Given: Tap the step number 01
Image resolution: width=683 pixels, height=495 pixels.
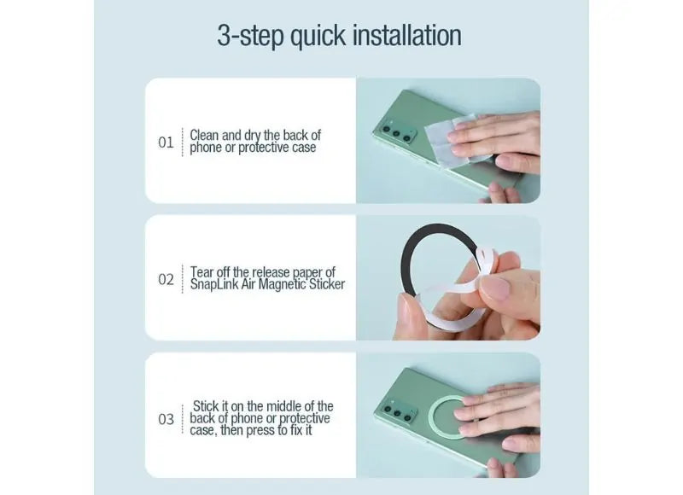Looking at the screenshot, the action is pyautogui.click(x=166, y=143).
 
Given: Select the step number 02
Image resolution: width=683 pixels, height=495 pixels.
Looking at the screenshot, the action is pyautogui.click(x=166, y=279).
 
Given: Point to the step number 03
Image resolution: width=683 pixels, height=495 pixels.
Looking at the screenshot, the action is pyautogui.click(x=166, y=419).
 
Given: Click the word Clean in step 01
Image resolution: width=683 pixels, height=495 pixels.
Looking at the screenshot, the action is pyautogui.click(x=205, y=135).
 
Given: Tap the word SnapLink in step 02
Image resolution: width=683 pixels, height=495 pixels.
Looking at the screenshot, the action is pyautogui.click(x=214, y=284).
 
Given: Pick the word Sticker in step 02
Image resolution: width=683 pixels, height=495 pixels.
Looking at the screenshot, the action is pyautogui.click(x=327, y=284).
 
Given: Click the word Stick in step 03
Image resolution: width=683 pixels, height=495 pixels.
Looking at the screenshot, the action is pyautogui.click(x=206, y=405).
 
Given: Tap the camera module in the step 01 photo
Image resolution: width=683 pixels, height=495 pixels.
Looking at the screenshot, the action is pyautogui.click(x=397, y=132).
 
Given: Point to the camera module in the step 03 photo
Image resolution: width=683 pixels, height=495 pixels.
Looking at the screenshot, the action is pyautogui.click(x=399, y=411).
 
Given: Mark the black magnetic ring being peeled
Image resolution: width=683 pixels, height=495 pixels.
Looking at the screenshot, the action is pyautogui.click(x=404, y=261).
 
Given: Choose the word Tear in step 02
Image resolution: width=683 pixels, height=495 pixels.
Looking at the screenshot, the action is pyautogui.click(x=201, y=272).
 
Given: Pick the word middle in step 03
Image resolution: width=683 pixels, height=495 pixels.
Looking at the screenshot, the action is pyautogui.click(x=282, y=405).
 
